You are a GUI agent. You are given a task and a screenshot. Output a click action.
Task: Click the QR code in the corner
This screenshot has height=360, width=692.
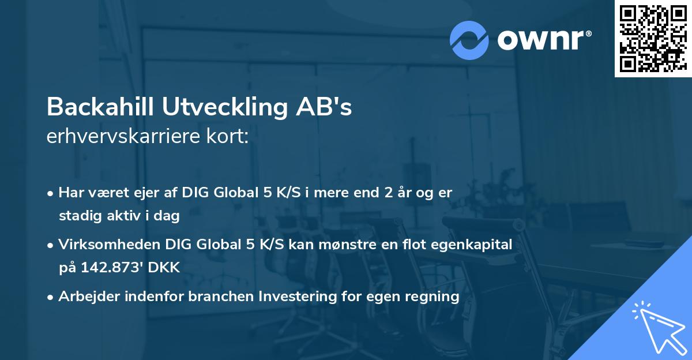tap(652, 38)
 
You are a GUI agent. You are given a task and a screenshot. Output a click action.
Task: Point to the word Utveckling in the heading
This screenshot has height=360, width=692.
tap(238, 106)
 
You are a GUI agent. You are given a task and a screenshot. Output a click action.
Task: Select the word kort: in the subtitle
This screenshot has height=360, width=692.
tap(228, 137)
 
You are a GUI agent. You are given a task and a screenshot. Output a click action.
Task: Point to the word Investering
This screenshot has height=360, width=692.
tap(294, 297)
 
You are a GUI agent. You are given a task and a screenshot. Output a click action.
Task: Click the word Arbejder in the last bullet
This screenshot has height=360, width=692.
tap(84, 297)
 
